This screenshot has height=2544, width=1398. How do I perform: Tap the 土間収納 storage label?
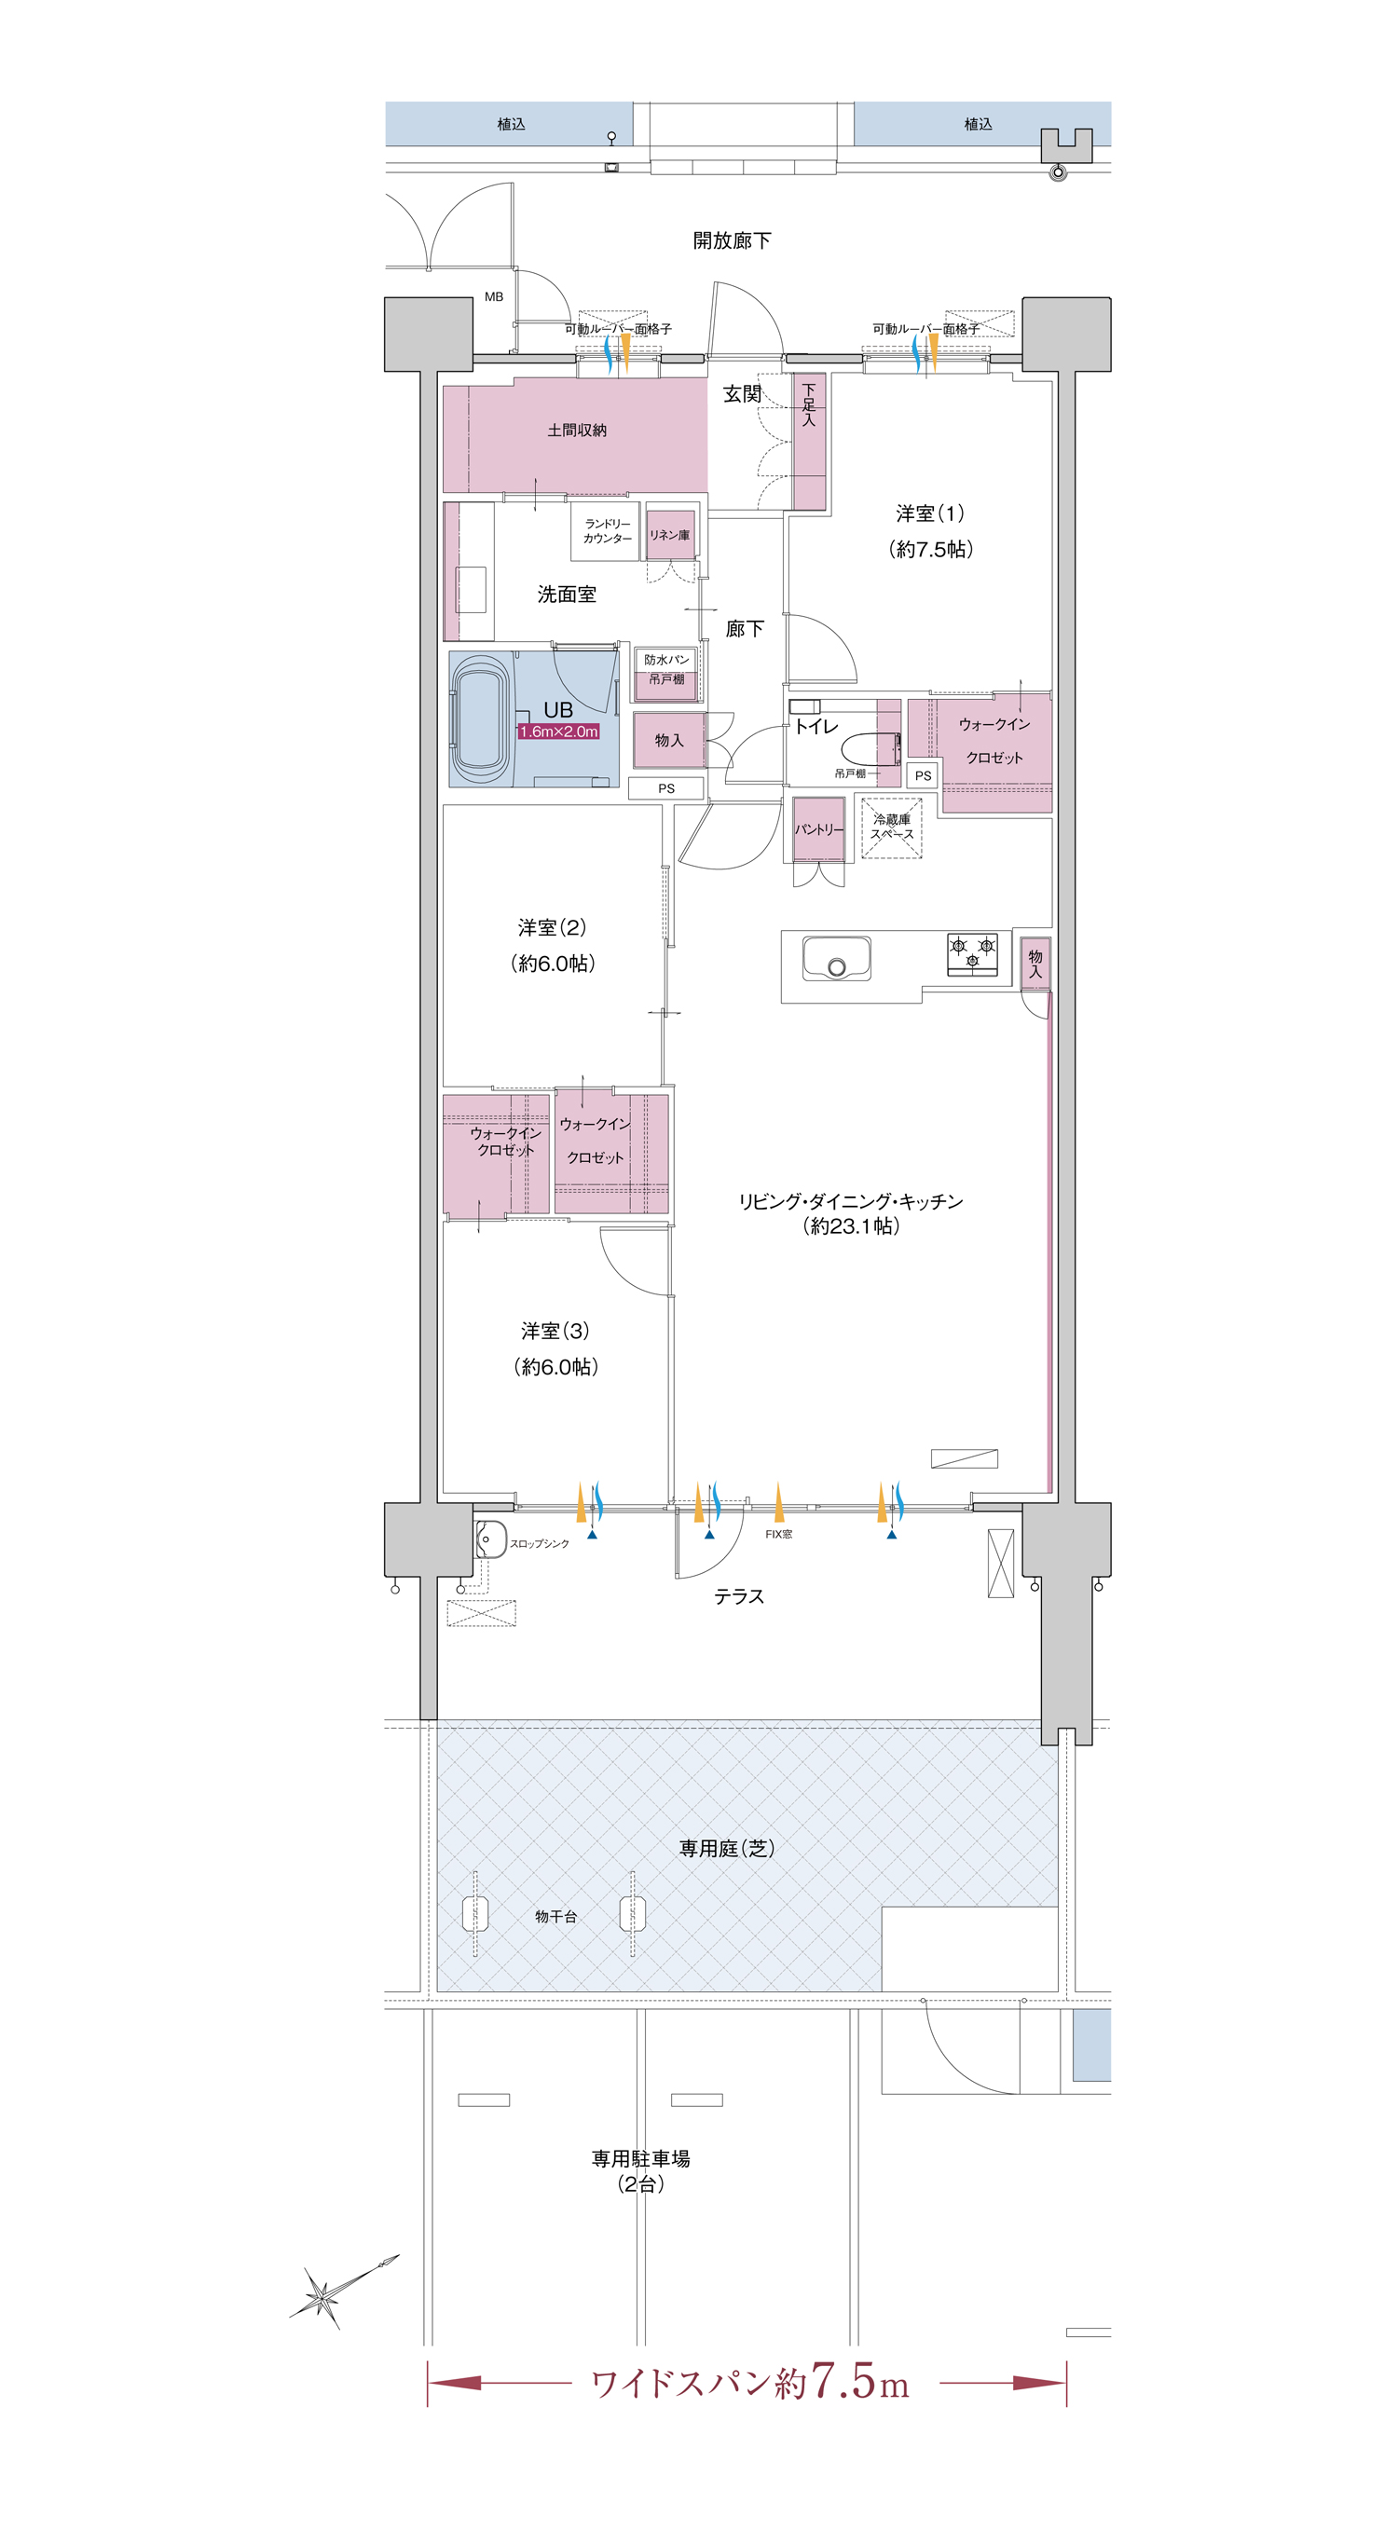click(x=577, y=430)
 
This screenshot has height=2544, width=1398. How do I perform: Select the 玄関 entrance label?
click(x=742, y=394)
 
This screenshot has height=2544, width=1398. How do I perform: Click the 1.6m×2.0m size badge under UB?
click(x=558, y=731)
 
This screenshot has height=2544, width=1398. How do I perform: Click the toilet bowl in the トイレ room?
click(x=870, y=746)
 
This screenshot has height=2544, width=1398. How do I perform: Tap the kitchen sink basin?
click(x=836, y=958)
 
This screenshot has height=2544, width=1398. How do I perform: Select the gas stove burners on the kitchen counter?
click(x=972, y=954)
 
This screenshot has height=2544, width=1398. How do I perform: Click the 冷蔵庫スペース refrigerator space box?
click(x=891, y=827)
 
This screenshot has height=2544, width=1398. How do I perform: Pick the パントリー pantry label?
click(x=819, y=829)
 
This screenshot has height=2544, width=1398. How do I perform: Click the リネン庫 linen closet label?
click(x=669, y=534)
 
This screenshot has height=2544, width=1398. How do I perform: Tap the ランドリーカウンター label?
click(x=607, y=531)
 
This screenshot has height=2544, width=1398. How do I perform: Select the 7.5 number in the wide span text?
click(x=843, y=2382)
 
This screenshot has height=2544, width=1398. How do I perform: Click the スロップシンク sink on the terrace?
click(x=491, y=1539)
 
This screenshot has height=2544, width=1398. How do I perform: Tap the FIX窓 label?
click(x=778, y=1534)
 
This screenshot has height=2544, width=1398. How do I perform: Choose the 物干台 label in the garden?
click(x=555, y=1916)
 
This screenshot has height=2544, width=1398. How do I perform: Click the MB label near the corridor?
click(x=494, y=296)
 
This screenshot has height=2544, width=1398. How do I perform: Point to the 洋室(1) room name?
click(x=930, y=513)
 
